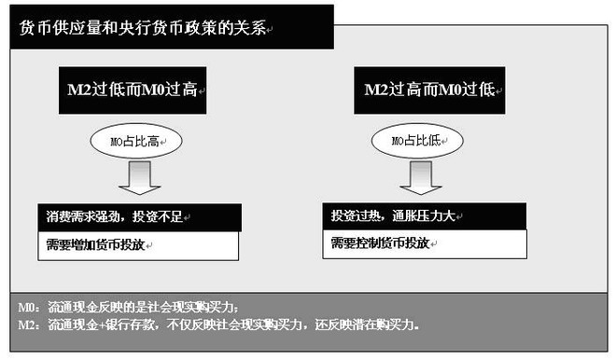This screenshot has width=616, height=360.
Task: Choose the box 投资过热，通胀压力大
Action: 424,215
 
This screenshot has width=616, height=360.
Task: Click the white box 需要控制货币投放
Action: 424,243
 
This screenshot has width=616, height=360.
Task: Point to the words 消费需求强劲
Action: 84,216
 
